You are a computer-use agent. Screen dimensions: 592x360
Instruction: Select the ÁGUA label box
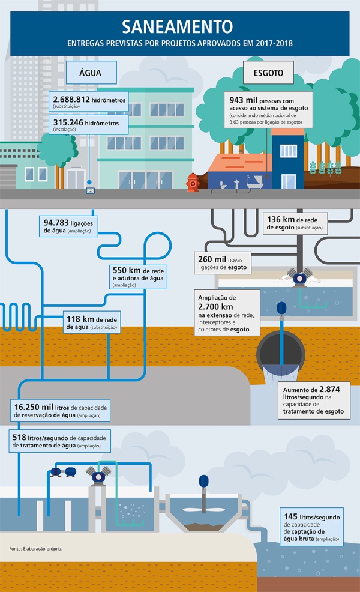(x=90, y=73)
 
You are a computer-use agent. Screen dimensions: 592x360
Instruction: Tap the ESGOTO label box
(x=268, y=73)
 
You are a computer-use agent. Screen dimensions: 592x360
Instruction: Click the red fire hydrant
(x=192, y=182)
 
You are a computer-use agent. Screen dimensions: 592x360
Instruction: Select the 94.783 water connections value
(x=58, y=222)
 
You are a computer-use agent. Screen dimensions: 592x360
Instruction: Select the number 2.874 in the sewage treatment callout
(x=329, y=389)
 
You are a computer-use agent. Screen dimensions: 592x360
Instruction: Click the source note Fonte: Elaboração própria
(x=36, y=549)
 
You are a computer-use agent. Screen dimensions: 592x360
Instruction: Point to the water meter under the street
(x=90, y=191)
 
